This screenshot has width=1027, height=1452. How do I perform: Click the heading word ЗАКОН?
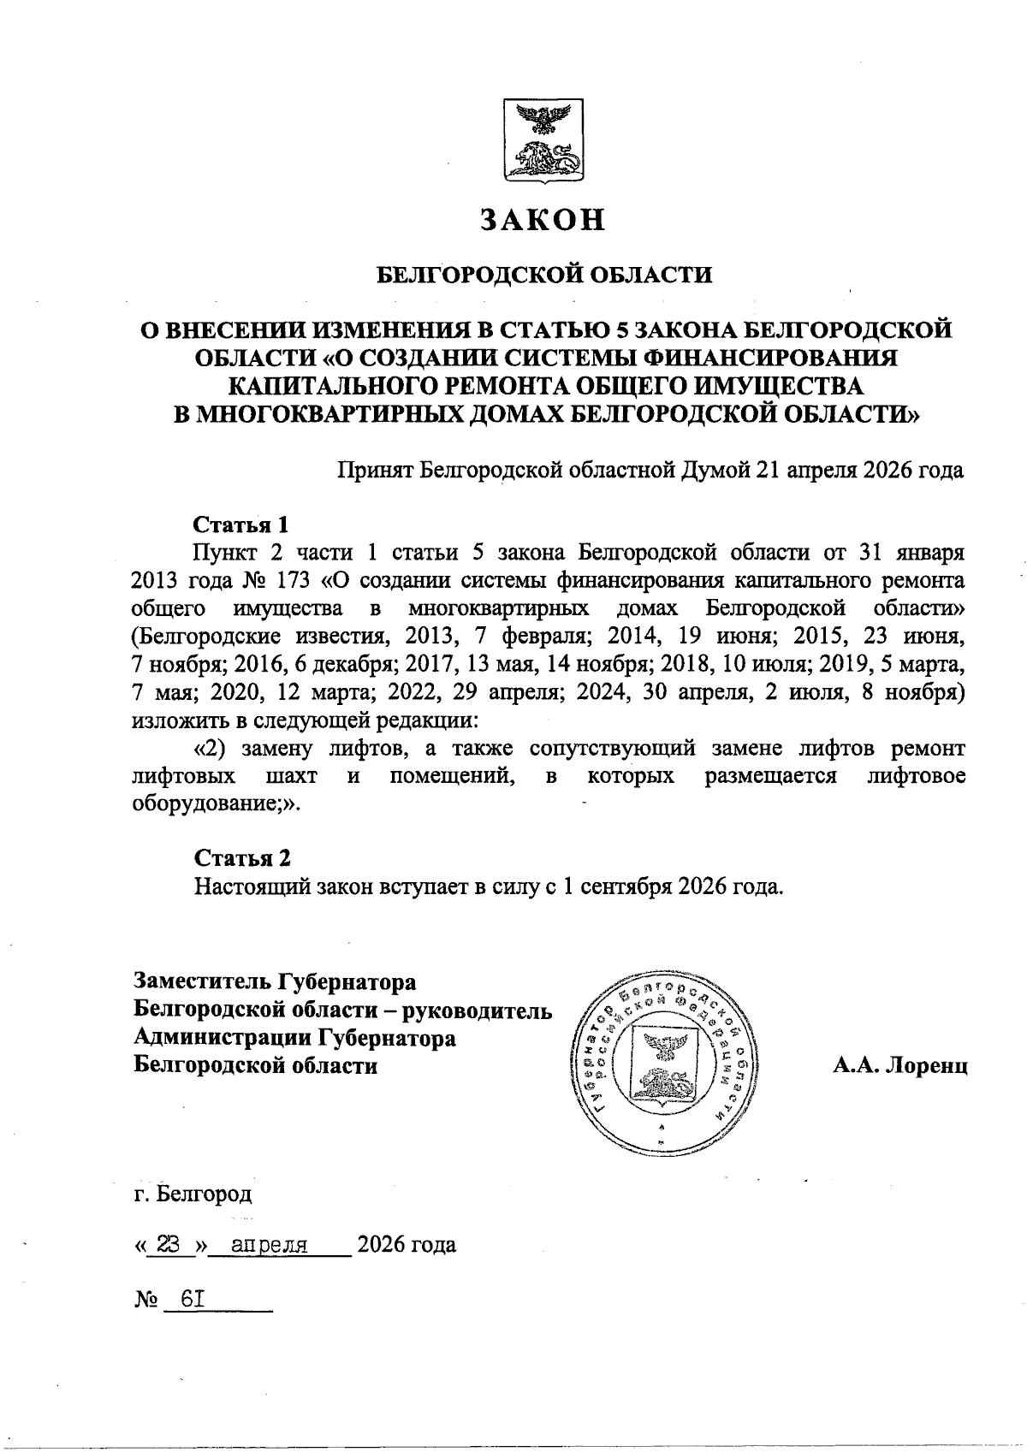pos(542,220)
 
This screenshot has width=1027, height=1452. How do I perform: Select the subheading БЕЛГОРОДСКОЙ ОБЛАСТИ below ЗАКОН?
pos(545,276)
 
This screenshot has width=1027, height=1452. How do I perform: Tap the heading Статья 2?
pos(242,857)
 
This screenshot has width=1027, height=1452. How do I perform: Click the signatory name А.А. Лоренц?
pos(899,1066)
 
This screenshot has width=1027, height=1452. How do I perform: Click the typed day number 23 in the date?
pos(171,1244)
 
